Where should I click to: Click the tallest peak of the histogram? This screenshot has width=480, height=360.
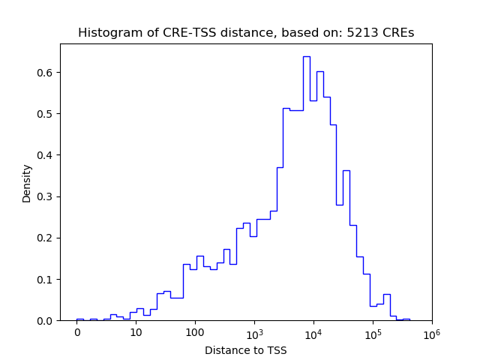click(x=306, y=57)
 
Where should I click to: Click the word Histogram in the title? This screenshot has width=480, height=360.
click(x=106, y=33)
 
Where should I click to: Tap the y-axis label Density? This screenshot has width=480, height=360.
click(x=27, y=183)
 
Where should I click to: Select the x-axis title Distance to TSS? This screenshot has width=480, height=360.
click(x=245, y=349)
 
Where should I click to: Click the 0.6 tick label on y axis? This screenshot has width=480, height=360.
click(x=46, y=73)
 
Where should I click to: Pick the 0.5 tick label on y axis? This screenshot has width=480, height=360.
click(x=46, y=114)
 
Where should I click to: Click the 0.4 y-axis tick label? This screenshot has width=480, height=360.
click(x=46, y=155)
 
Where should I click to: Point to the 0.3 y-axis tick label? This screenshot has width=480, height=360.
click(x=46, y=196)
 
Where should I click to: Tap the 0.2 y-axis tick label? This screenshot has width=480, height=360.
click(x=46, y=238)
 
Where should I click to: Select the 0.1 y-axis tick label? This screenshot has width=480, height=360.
click(x=46, y=279)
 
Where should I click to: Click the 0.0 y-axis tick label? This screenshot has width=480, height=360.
click(x=46, y=321)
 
